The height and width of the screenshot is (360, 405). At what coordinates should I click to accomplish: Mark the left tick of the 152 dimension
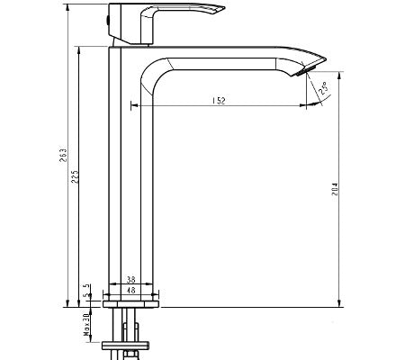(x=133, y=105)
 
